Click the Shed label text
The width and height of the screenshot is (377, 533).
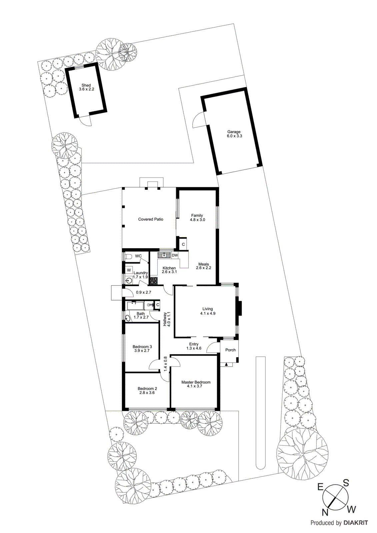(86, 86)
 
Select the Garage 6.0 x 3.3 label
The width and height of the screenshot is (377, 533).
(234, 134)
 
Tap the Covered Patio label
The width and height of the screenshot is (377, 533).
(151, 219)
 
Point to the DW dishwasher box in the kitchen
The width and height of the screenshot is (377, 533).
(175, 256)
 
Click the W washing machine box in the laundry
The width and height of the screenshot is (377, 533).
(129, 270)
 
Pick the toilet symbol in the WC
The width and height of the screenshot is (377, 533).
(128, 257)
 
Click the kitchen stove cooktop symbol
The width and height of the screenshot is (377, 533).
(154, 280)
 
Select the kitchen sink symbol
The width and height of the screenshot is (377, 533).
(164, 256)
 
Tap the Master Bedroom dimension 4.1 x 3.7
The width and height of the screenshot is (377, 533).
(194, 386)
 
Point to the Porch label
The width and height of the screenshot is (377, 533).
(230, 350)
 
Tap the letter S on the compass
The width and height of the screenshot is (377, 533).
(346, 483)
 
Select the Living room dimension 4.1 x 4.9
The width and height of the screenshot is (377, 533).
(208, 313)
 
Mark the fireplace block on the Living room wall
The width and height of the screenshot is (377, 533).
(240, 308)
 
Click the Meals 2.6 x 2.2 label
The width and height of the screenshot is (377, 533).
(203, 266)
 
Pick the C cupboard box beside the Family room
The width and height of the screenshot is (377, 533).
(183, 245)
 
